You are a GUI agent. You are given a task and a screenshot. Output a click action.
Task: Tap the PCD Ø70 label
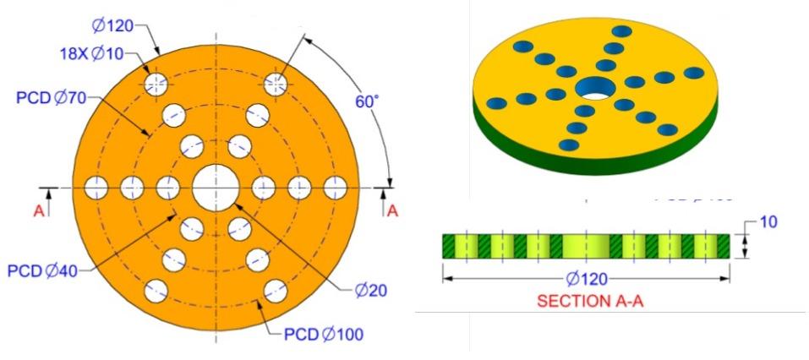(52, 98)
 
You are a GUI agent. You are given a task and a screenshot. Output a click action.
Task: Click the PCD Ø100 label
(324, 334)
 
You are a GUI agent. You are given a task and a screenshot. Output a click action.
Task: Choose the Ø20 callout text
(370, 291)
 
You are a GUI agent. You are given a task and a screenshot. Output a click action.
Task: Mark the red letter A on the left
(38, 211)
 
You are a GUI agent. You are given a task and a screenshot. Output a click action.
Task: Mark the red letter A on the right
(391, 211)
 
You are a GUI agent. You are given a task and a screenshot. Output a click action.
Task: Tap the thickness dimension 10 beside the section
(768, 222)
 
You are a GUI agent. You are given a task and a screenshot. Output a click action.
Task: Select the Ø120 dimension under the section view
(586, 278)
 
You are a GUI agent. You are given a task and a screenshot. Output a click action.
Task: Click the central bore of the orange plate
(216, 187)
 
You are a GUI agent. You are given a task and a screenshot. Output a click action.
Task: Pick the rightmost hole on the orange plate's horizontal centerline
(335, 187)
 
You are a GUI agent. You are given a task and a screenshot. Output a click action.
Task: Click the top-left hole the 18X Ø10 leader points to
(156, 84)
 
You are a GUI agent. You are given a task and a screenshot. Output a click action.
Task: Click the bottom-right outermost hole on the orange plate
(275, 290)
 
